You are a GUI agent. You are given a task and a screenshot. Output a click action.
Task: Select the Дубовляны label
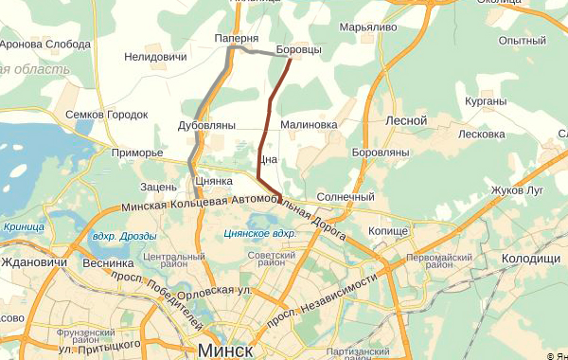point(206,125)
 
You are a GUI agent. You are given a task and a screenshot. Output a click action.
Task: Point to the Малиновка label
point(309,124)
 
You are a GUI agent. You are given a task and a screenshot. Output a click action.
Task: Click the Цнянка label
point(213,181)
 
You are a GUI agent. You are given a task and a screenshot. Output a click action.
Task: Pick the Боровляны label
point(380,152)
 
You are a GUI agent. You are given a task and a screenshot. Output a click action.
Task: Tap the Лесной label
point(407,120)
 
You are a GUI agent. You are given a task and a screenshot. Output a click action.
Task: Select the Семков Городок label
point(107,115)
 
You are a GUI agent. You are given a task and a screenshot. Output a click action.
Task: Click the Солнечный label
point(346,197)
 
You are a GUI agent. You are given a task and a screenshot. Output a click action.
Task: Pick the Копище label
point(388,231)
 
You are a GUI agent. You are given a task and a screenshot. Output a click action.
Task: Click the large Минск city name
point(226,351)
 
